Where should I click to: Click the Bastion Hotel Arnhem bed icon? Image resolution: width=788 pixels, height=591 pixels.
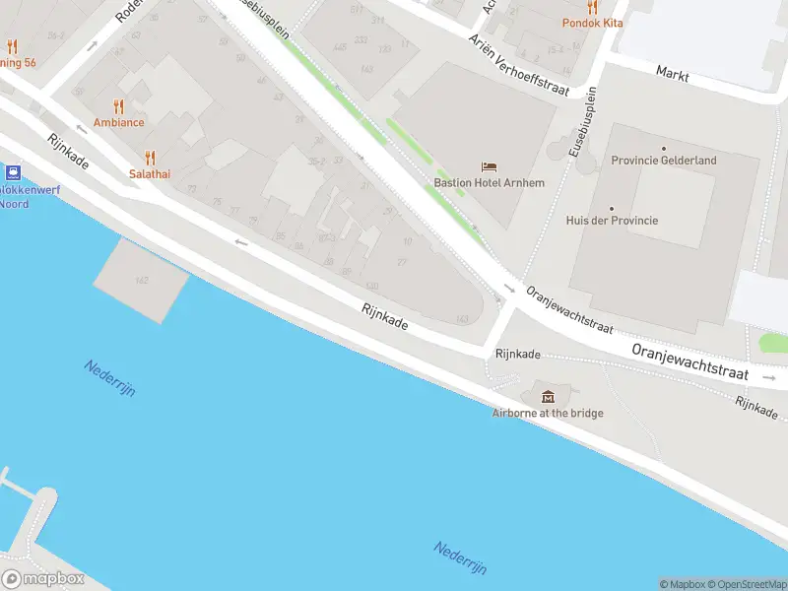coord(490,166)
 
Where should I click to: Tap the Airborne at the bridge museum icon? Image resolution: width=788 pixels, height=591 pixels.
coord(548,396)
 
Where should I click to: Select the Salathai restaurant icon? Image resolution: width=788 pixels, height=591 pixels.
coord(150,157)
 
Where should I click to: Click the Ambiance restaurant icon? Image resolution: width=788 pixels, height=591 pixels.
coord(119,106)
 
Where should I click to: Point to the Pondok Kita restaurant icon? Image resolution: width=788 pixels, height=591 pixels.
coord(592,6)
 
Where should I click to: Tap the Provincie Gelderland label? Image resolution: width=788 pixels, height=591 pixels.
coord(664,161)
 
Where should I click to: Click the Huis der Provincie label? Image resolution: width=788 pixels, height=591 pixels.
coord(612,221)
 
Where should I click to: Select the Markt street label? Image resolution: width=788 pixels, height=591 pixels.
coord(672,73)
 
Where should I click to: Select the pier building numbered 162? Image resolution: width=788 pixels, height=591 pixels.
coord(142,280)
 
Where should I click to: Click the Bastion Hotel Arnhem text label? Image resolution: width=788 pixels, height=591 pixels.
coord(490,182)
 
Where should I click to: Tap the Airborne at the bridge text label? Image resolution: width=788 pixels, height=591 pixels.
coord(548,413)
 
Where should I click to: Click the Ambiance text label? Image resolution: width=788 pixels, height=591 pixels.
coord(119,122)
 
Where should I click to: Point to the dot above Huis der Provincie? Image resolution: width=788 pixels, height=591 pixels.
coord(612,208)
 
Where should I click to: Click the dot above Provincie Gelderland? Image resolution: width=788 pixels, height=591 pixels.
coord(664,148)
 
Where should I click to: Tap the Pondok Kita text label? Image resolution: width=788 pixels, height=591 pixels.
coord(592,22)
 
